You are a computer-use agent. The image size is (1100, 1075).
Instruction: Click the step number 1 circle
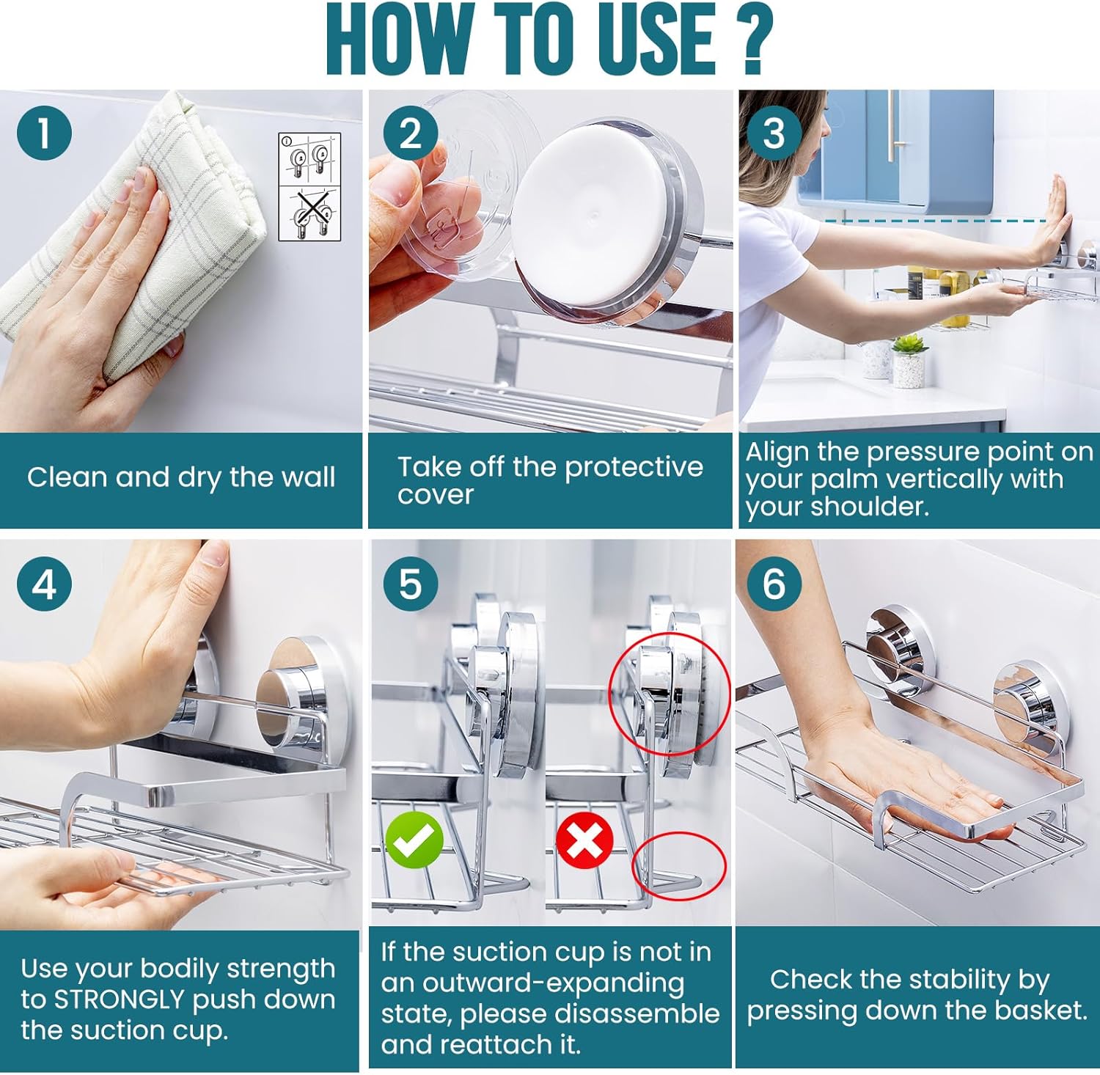(44, 133)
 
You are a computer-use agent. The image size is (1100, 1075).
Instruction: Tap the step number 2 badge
(411, 133)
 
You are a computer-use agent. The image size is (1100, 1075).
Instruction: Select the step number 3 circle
(774, 133)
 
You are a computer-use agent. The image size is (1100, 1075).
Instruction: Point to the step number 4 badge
(44, 584)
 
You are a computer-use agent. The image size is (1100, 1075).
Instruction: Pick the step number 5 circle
(411, 584)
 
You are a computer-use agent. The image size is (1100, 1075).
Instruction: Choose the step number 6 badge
(774, 584)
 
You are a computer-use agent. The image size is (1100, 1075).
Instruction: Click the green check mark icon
(415, 840)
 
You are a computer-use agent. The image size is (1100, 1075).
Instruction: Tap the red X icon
(584, 840)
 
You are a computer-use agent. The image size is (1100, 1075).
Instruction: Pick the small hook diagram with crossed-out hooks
(309, 213)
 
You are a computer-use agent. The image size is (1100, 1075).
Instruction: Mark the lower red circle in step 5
(678, 865)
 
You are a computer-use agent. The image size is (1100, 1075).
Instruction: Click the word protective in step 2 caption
(634, 467)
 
